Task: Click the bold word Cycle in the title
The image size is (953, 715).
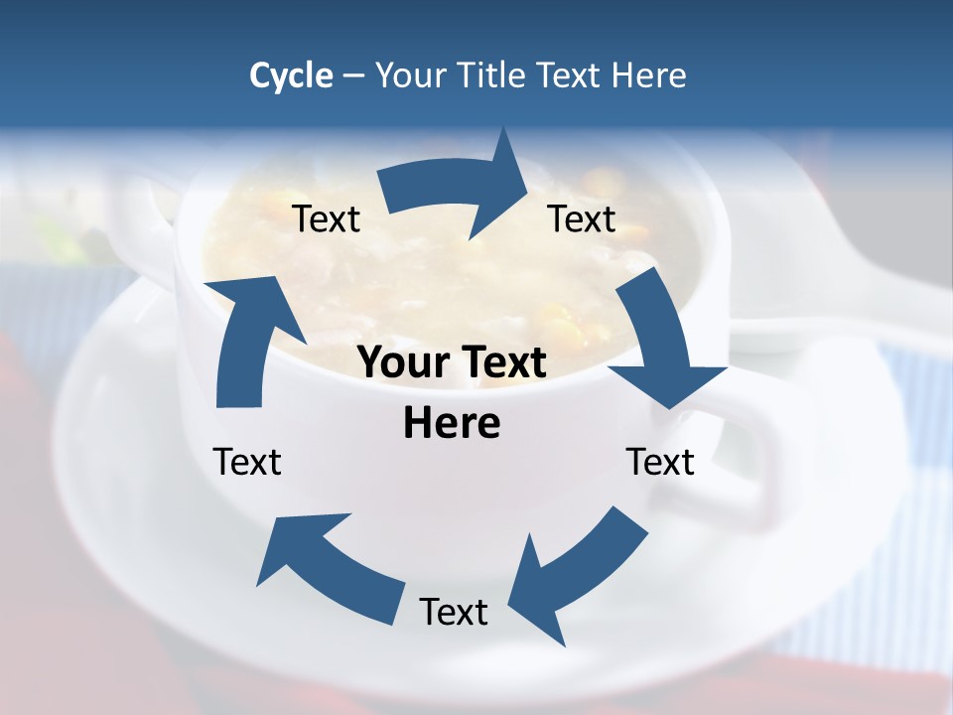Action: pyautogui.click(x=291, y=75)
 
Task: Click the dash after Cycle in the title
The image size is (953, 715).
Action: pyautogui.click(x=352, y=75)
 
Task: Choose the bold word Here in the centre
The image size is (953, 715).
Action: pyautogui.click(x=452, y=423)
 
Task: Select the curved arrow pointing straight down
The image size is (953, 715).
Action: pyautogui.click(x=660, y=348)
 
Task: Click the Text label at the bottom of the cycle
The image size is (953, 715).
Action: pyautogui.click(x=454, y=612)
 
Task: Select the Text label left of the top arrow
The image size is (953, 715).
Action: pyautogui.click(x=327, y=218)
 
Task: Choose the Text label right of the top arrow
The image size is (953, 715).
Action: pyautogui.click(x=582, y=218)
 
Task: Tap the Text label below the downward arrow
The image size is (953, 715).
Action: pyautogui.click(x=660, y=462)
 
